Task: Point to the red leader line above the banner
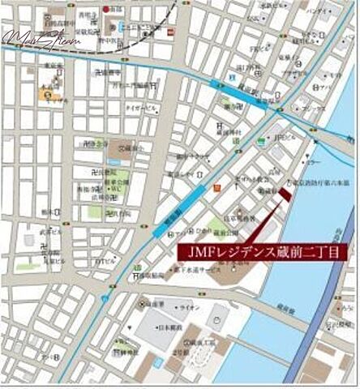pyautogui.click(x=267, y=220)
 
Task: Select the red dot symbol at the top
pyautogui.click(x=105, y=9)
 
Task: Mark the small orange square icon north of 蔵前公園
pyautogui.click(x=216, y=189)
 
